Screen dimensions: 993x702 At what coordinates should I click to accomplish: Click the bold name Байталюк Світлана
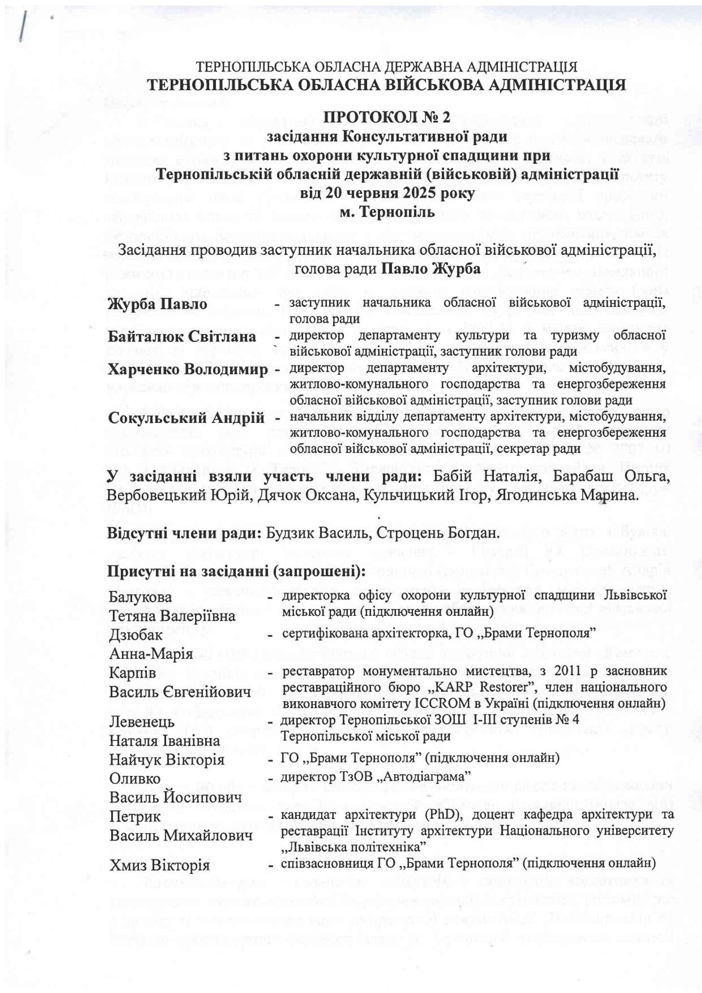182,337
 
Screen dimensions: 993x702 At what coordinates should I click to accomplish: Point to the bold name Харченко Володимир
188,370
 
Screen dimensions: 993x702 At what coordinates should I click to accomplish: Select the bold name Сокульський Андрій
186,418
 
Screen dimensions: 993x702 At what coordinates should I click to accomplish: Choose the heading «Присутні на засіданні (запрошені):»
237,571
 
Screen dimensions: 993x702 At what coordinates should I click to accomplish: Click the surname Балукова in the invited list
141,597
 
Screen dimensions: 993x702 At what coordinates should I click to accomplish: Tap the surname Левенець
142,722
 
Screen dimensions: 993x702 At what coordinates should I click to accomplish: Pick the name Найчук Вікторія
167,760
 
